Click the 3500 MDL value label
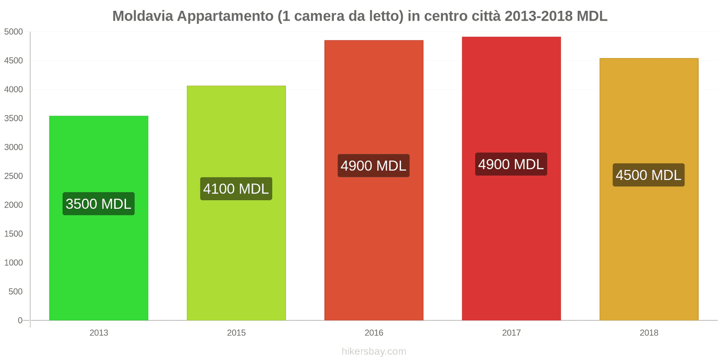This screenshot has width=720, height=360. (x=99, y=204)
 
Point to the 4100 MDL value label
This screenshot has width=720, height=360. (x=236, y=189)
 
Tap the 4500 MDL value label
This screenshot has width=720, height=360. (x=648, y=175)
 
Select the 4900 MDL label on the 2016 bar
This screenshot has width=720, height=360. (x=373, y=166)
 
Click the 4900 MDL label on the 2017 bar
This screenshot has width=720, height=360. (x=511, y=164)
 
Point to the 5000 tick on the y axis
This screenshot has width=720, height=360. (x=13, y=32)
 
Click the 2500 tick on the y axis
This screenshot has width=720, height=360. (x=13, y=176)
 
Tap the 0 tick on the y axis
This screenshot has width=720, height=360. (x=20, y=320)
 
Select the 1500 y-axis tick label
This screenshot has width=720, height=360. (x=13, y=234)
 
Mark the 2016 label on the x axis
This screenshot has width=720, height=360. (x=373, y=333)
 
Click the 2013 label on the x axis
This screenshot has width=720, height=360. (x=99, y=333)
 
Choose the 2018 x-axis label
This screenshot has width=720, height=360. (x=648, y=333)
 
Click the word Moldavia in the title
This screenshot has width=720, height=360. (x=143, y=16)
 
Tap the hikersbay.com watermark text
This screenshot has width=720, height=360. (x=373, y=351)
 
